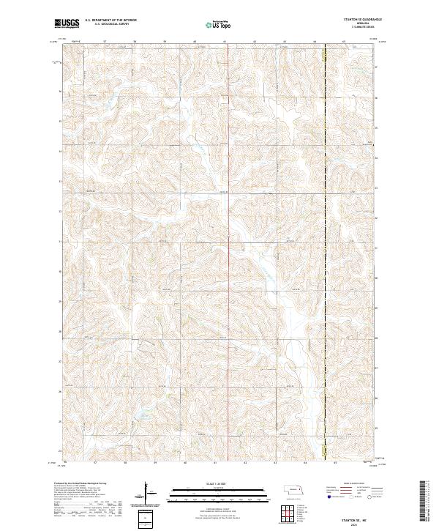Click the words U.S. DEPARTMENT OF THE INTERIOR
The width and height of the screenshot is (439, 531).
(x=110, y=21)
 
